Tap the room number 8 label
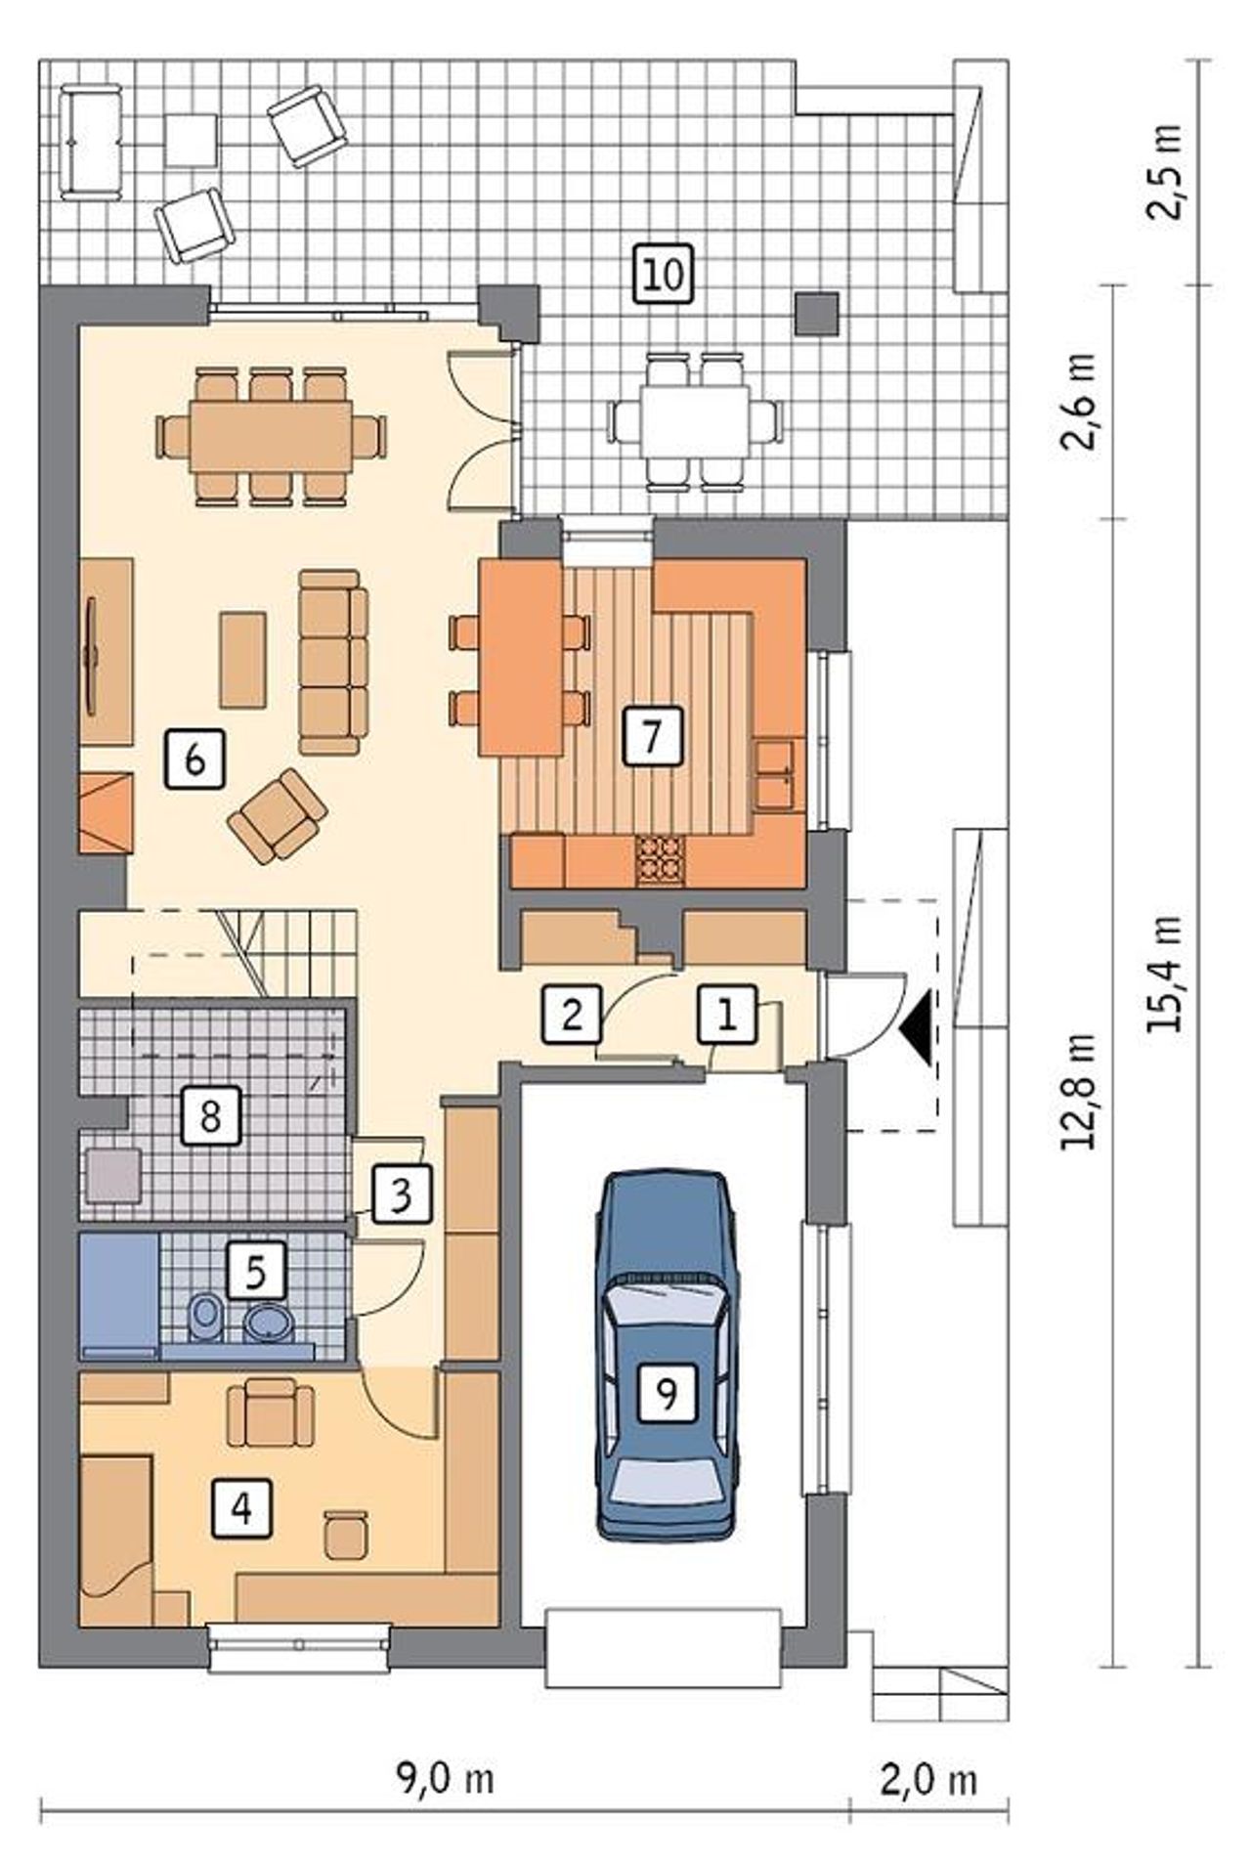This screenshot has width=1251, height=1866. click(210, 1116)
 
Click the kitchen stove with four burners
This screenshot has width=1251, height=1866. click(662, 861)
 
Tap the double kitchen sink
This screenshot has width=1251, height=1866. click(776, 775)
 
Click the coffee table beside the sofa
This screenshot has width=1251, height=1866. click(243, 660)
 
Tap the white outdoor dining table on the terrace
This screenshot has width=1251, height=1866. click(695, 420)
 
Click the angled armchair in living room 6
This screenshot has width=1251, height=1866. click(278, 816)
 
